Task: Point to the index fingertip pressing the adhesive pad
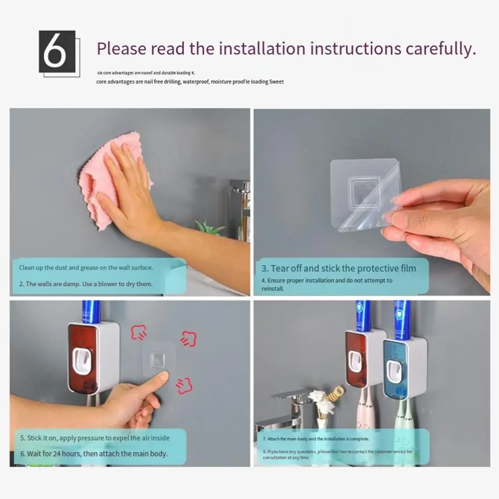coord(164,376)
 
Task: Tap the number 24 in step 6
coord(57,454)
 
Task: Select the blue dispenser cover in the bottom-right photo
coord(395,368)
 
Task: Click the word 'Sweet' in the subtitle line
coord(276,81)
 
